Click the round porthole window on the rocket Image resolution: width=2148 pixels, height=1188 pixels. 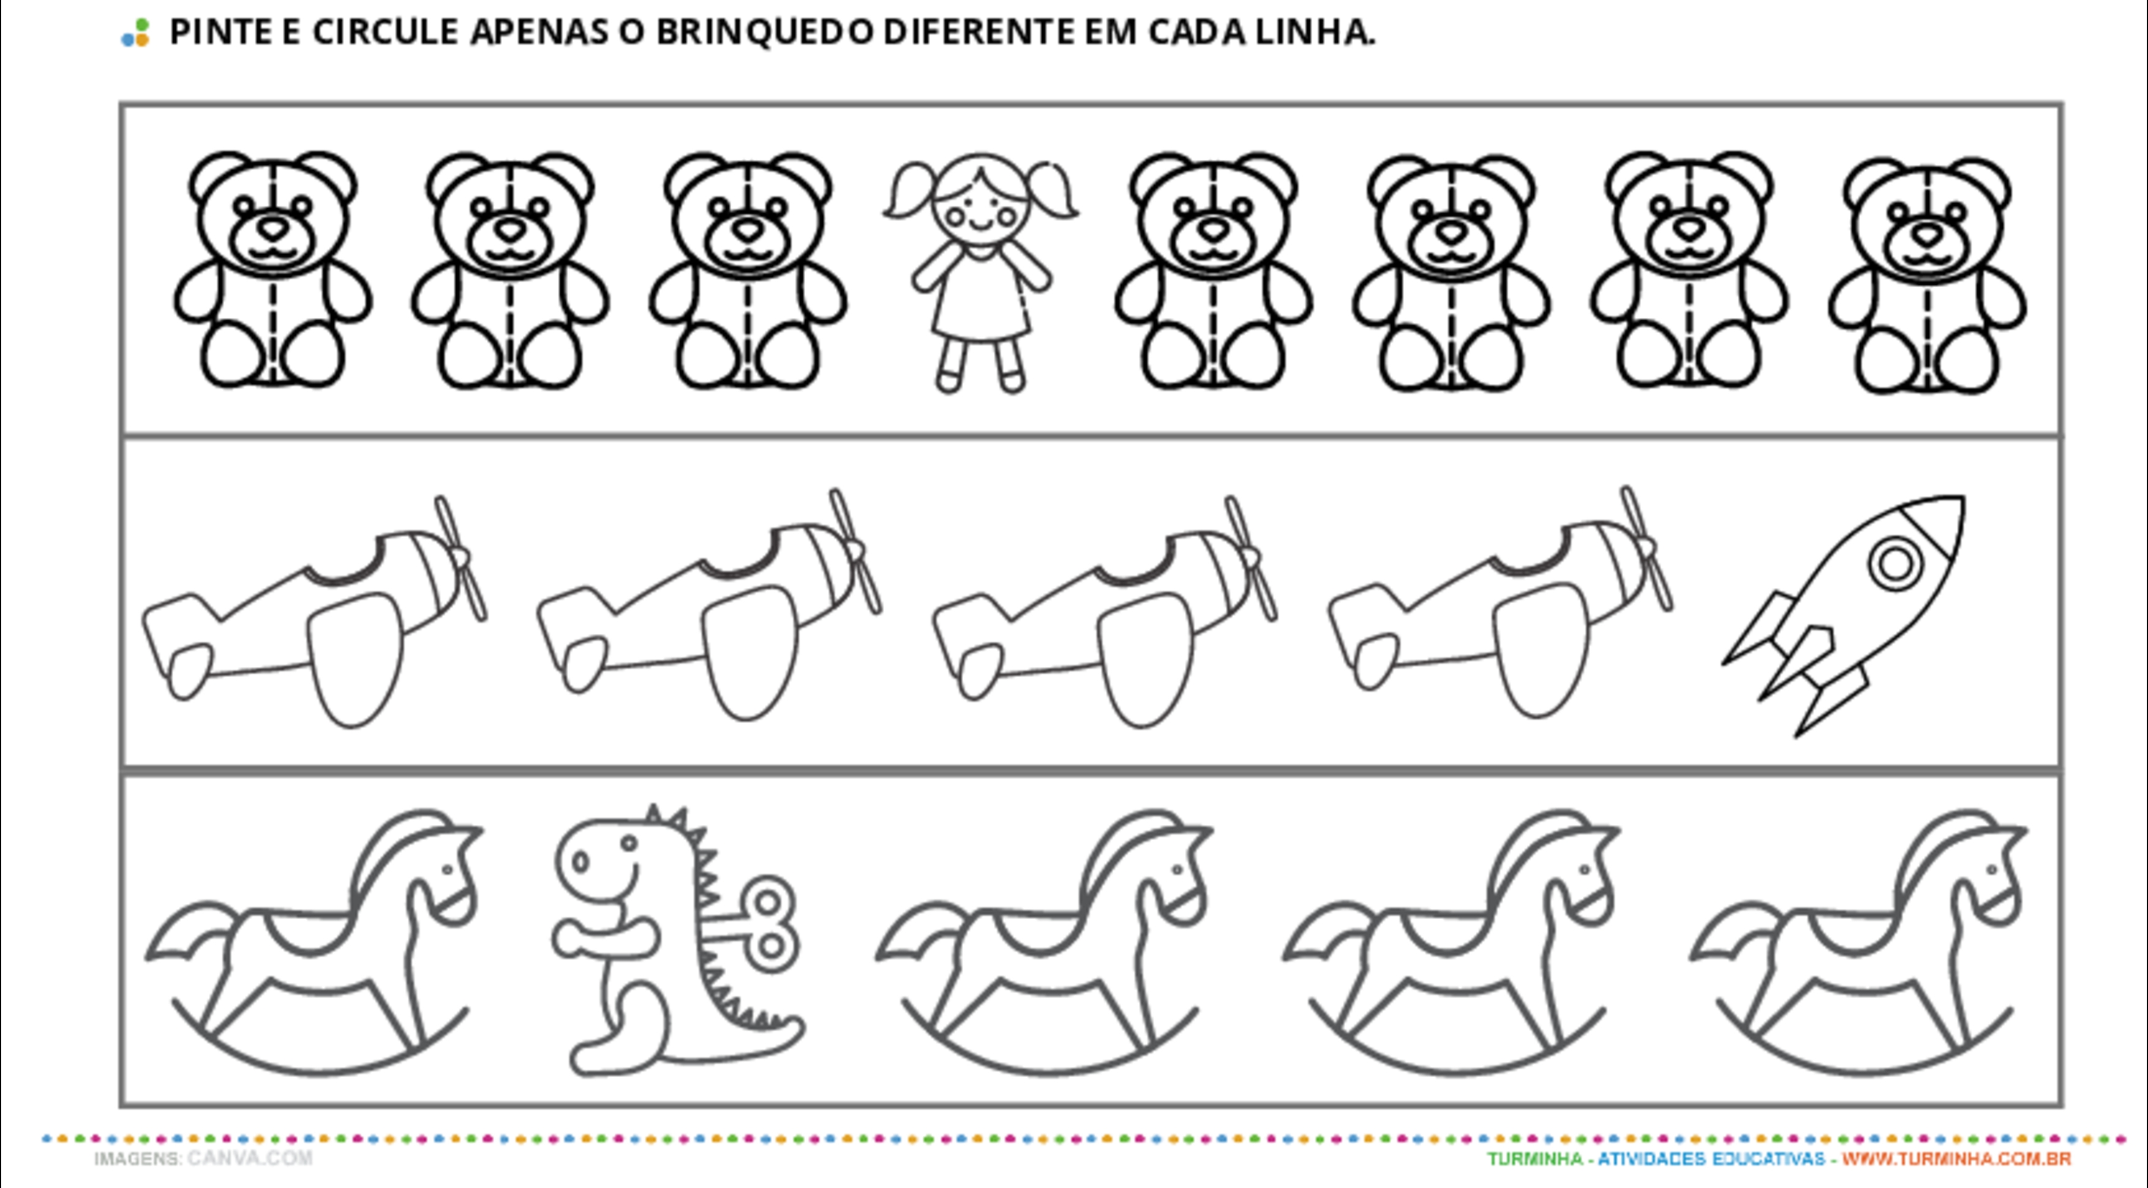click(1895, 565)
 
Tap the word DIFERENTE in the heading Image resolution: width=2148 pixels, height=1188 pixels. click(980, 32)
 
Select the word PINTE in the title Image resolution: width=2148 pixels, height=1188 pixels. click(221, 32)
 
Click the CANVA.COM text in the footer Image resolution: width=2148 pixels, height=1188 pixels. click(250, 1158)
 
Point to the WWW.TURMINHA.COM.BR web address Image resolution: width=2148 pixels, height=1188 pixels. click(1956, 1159)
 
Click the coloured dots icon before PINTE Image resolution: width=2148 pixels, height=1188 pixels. click(135, 32)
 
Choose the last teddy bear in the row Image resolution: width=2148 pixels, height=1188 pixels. click(1927, 274)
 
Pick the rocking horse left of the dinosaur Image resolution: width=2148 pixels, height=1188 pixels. click(315, 942)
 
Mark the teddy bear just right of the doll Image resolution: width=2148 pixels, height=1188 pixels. click(1213, 270)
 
